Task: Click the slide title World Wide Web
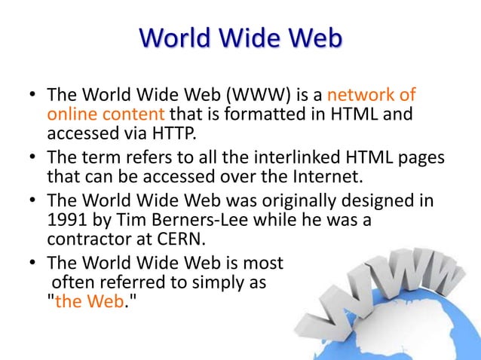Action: [x=241, y=38]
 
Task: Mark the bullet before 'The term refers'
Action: [x=32, y=160]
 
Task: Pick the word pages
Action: [x=418, y=160]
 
